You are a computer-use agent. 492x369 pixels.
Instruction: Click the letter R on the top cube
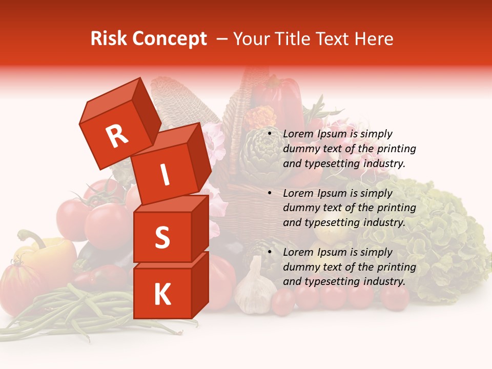point(117,136)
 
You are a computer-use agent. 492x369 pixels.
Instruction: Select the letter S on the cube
point(162,237)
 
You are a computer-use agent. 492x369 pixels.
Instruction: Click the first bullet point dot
point(270,134)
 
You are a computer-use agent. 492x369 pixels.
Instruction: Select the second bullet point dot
point(270,194)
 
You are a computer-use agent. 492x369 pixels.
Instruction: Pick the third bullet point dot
point(270,253)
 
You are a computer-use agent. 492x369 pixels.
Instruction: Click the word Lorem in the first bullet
point(298,134)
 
